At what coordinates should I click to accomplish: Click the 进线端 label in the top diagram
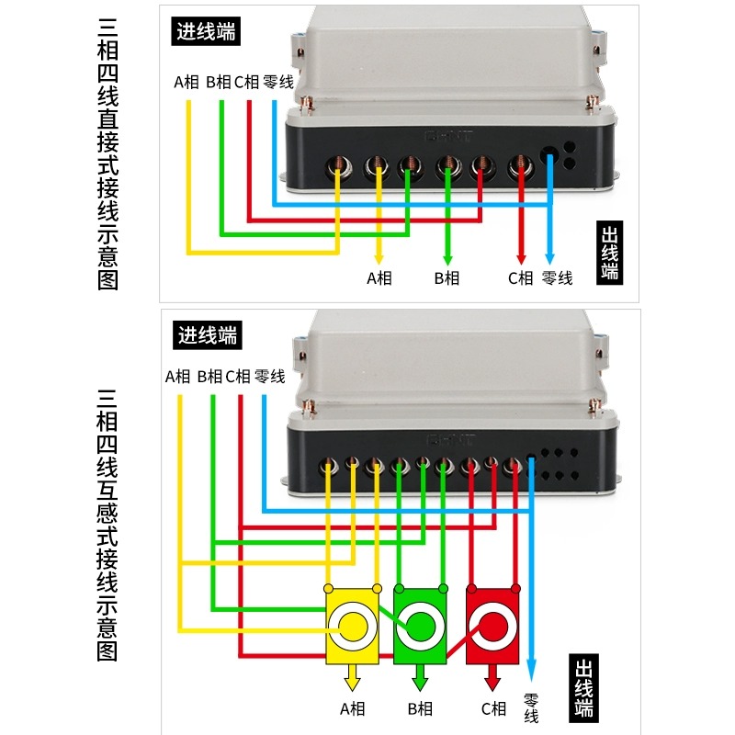point(207,32)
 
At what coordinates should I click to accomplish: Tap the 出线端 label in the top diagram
point(609,254)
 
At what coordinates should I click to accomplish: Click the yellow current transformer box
point(352,626)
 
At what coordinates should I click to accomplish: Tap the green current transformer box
point(420,626)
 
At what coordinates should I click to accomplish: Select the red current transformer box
point(492,626)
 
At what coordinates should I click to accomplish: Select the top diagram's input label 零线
point(277,82)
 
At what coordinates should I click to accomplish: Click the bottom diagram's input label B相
point(209,377)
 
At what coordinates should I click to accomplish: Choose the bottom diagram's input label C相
point(238,377)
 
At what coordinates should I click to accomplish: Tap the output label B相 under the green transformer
point(420,708)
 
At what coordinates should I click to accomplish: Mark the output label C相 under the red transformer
point(493,708)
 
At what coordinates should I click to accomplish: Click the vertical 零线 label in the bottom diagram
point(532,707)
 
